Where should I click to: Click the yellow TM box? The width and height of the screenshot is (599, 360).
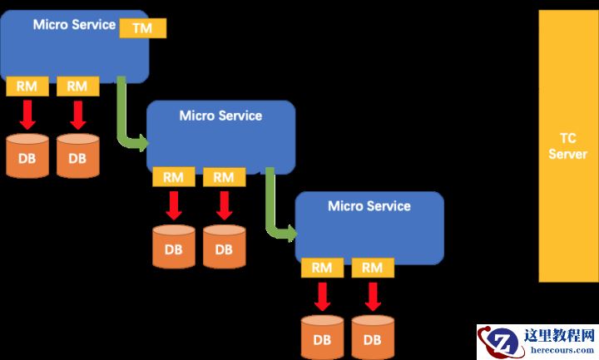pos(143,27)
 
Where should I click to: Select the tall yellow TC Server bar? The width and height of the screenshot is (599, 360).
pos(568,146)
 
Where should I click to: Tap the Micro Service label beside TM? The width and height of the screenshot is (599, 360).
pos(74,24)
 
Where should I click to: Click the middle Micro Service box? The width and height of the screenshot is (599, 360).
pos(220,137)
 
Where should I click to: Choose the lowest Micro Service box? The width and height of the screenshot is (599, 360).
pos(369,226)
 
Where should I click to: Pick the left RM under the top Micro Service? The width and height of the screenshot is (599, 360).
pos(27,86)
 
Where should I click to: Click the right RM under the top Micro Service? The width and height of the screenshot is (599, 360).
pos(77,86)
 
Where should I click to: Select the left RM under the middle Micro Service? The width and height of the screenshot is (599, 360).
pos(173,176)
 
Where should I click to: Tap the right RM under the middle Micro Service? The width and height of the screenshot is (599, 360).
pos(224,176)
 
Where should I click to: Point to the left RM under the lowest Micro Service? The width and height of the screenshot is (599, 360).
pos(322,268)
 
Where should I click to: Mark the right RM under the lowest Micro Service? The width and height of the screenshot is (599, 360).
pos(373,268)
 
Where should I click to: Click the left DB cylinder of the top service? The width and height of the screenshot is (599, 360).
pos(27,155)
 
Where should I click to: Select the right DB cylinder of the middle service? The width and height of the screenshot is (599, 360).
pos(224,246)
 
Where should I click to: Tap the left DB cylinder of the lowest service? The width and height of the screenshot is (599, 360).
pos(322,336)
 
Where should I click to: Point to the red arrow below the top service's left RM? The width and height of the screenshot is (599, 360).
pos(27,114)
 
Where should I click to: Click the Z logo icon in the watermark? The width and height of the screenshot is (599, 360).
pos(502,342)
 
